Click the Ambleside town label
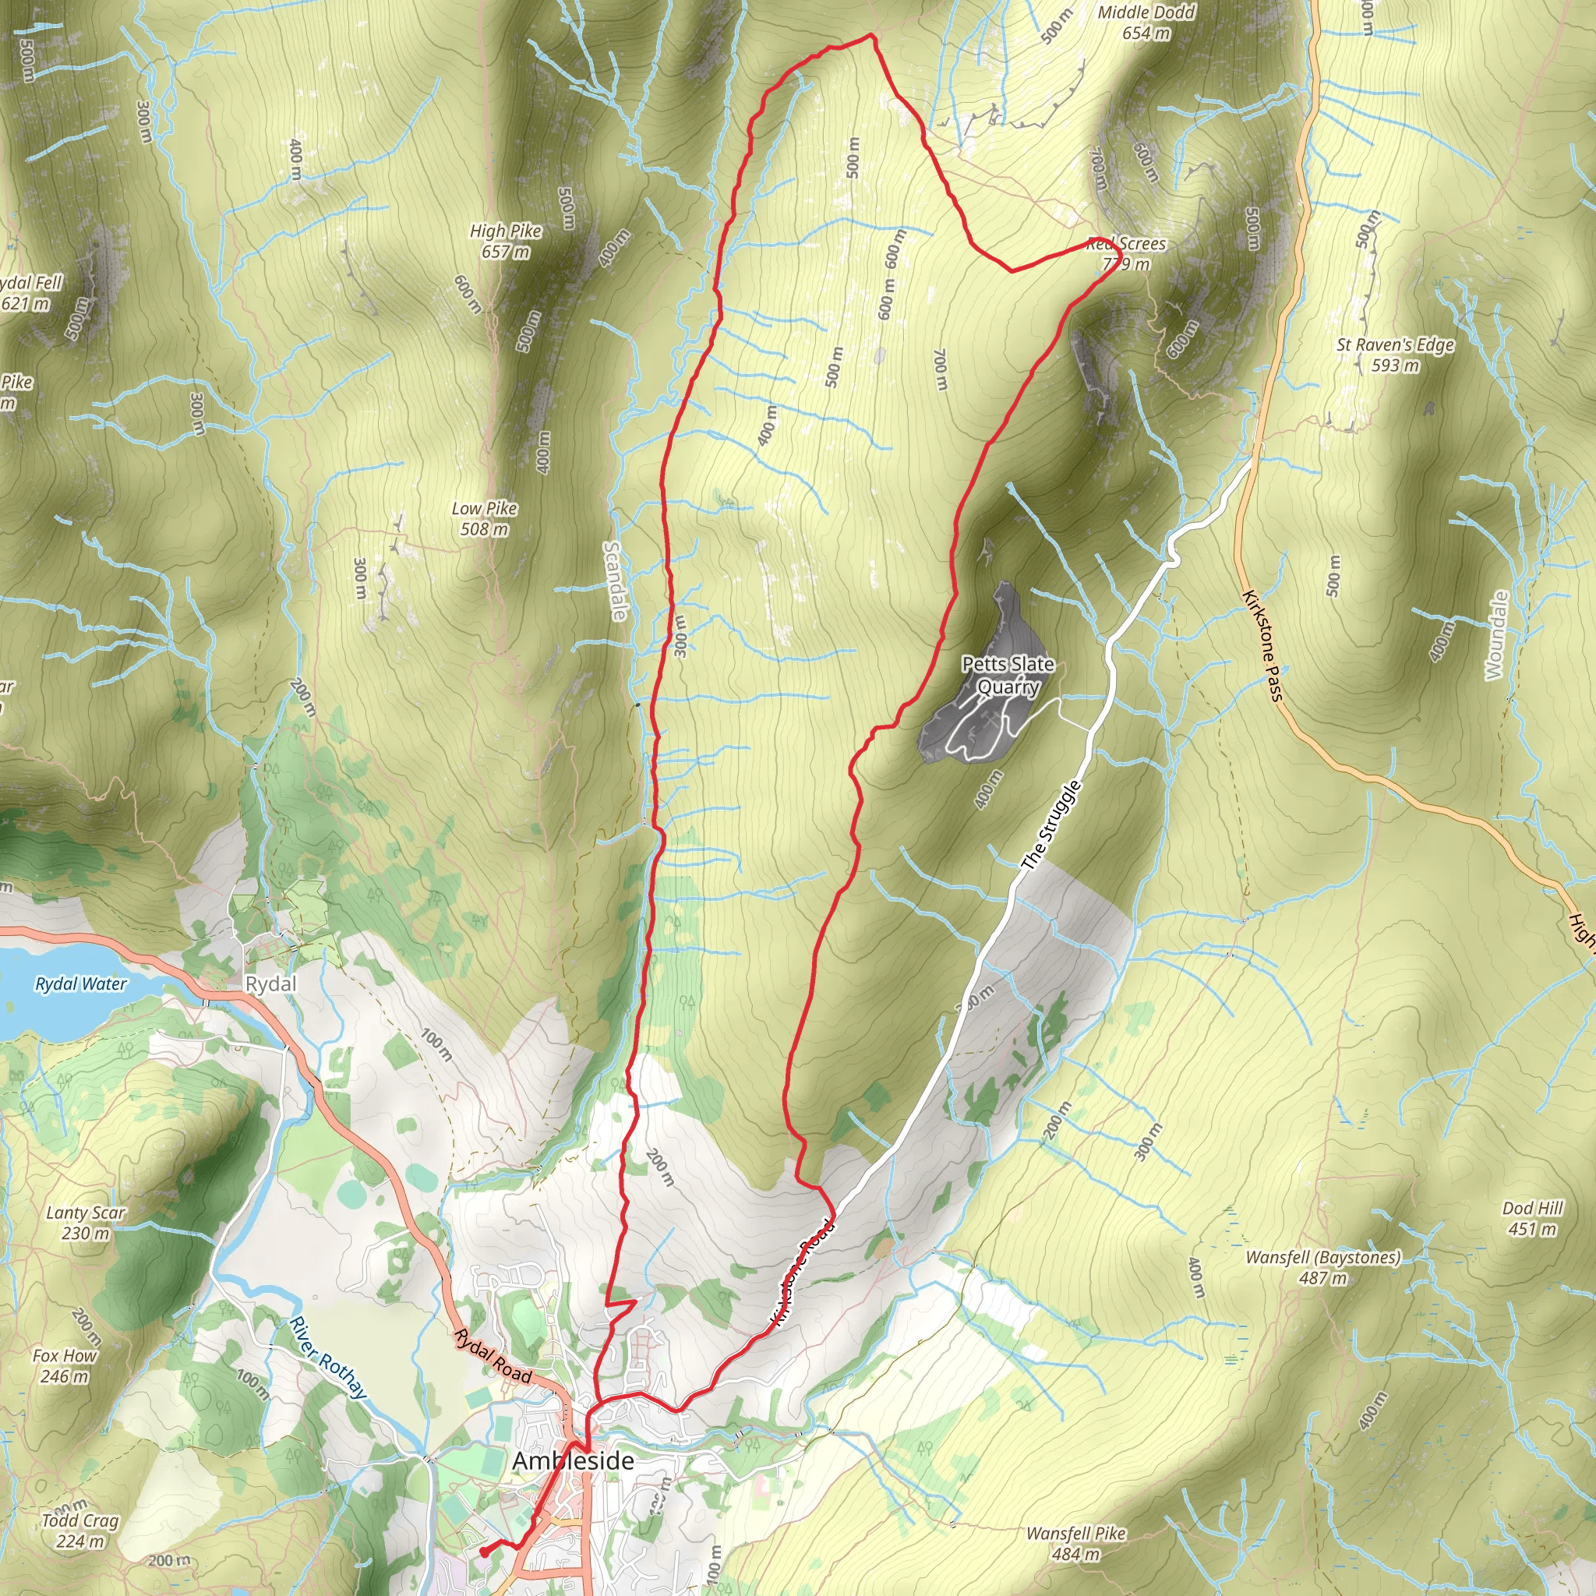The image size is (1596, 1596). coord(573,1460)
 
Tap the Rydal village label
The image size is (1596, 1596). coord(270,984)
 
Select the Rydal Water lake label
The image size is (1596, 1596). coord(81,984)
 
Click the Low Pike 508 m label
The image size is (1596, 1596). coord(484,518)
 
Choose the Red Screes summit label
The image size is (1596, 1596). coord(1126,253)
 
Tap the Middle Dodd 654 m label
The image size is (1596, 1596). coord(1146,23)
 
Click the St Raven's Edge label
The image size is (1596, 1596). coord(1395,355)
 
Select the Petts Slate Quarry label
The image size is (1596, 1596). coord(1008,675)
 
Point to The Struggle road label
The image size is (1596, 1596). coord(1050,825)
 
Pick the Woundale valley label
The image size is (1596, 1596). coord(1495,635)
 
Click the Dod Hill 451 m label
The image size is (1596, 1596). coord(1532,1219)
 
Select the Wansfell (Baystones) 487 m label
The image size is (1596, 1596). coord(1322,1267)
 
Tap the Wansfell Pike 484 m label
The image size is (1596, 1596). coord(1076,1543)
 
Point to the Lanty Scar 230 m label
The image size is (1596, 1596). coord(85,1223)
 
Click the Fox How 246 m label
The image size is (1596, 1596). coord(65,1365)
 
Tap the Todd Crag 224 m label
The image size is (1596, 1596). coord(80,1530)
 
